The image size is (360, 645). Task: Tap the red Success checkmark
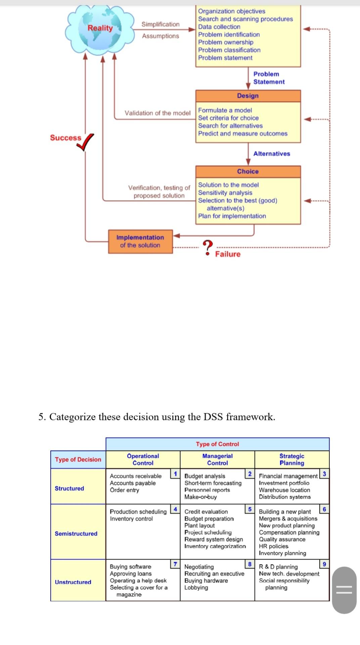pos(85,142)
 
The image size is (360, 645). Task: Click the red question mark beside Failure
pos(208,248)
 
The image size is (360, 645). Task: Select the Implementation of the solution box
pos(140,241)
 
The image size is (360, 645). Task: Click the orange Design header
pos(248,96)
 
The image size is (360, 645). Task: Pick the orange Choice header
pos(248,171)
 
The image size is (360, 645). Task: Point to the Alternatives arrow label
pos(272,154)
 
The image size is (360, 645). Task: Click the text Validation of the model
pos(157,113)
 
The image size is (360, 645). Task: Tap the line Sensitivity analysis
pos(225,192)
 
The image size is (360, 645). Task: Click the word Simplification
pos(161,24)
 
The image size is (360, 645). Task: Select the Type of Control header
pos(218,444)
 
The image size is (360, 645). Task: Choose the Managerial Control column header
pos(217,459)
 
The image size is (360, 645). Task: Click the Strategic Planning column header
pos(292,459)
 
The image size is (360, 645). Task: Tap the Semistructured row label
pos(76,533)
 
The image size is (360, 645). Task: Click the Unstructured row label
pos(73,582)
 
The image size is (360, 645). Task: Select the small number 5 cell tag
pos(250,509)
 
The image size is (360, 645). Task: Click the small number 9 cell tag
pos(324,564)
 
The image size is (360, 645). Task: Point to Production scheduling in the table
pos(138,512)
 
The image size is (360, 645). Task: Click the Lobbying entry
pos(196,588)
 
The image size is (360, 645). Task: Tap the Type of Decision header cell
pos(78,459)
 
